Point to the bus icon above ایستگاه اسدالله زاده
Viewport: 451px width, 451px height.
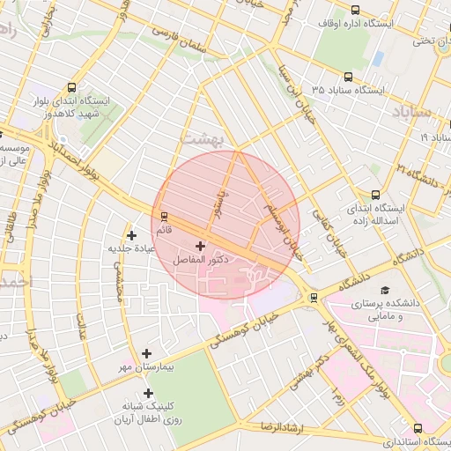pos(376,196)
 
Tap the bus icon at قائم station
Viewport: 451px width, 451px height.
pos(163,217)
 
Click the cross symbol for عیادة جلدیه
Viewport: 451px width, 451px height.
pos(132,235)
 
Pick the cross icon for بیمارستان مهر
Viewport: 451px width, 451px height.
pos(147,352)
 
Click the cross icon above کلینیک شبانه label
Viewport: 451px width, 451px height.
pos(147,394)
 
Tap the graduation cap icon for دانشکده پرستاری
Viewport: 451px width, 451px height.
pos(383,291)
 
